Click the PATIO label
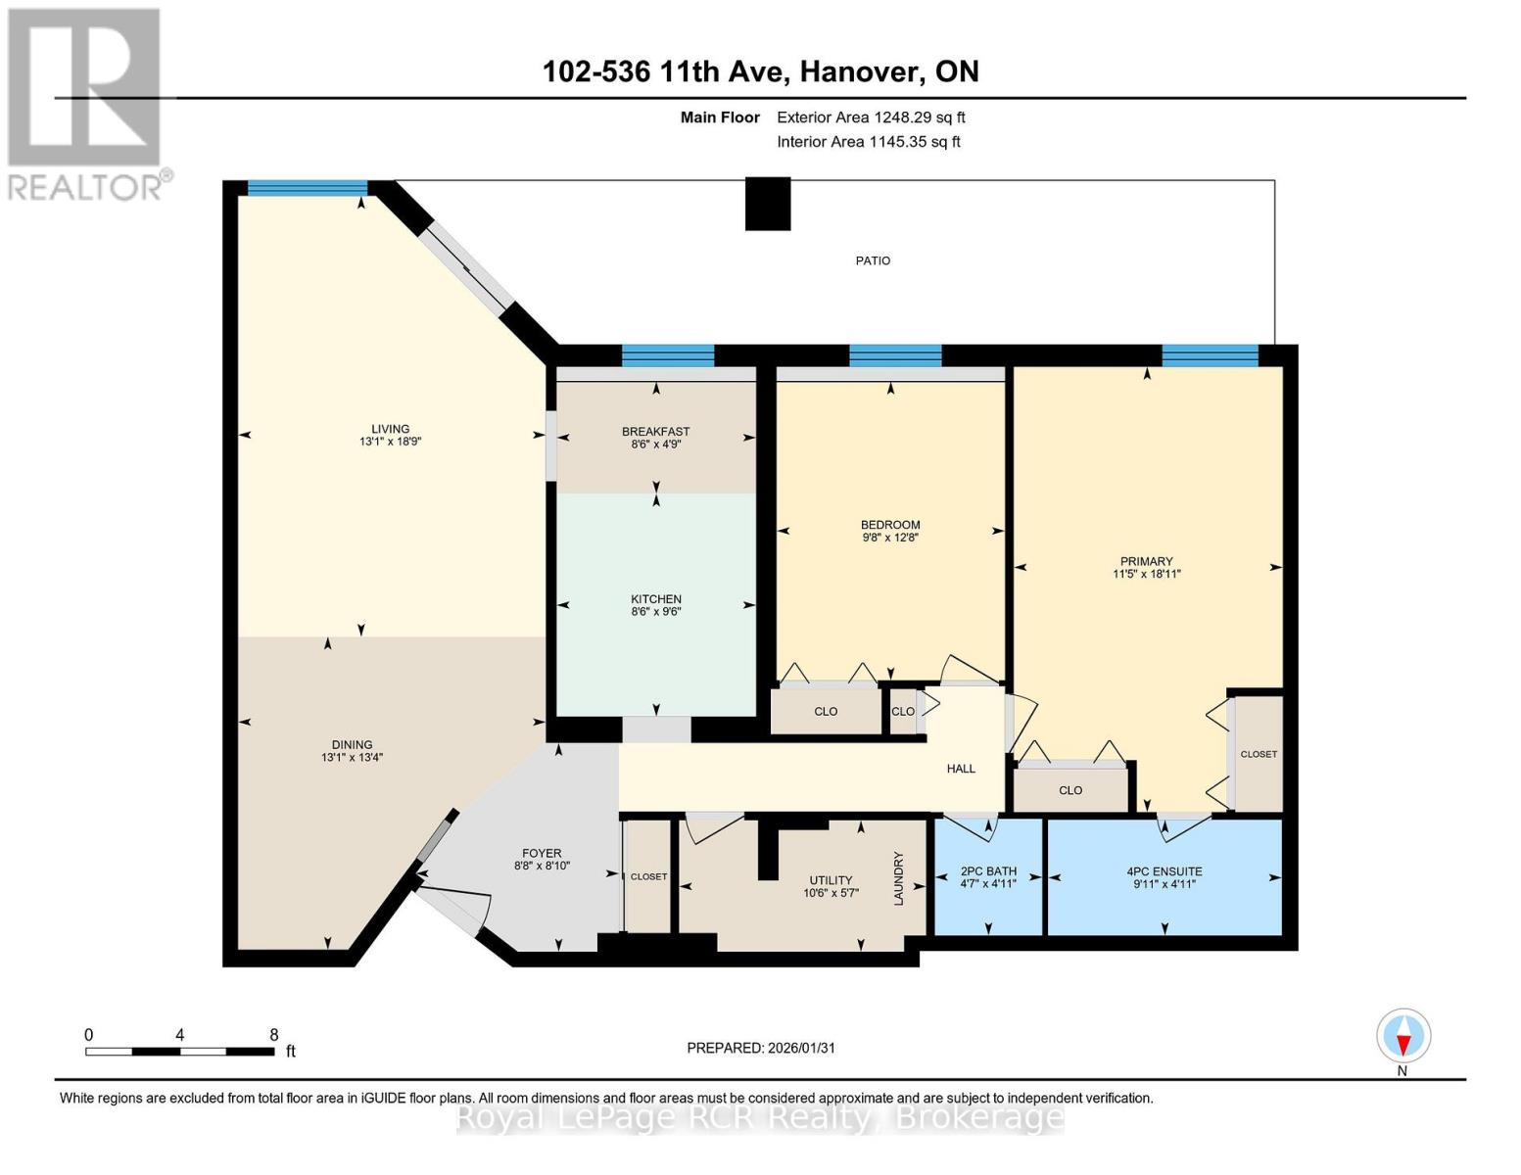[873, 260]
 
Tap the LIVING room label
[390, 428]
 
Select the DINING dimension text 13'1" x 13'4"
[352, 757]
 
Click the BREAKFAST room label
[656, 431]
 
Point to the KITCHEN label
[656, 599]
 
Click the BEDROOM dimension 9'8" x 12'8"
[890, 538]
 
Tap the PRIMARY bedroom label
[1147, 560]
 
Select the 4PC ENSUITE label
[1165, 871]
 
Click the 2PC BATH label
[988, 871]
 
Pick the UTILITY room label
[831, 879]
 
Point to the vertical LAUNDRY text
[899, 878]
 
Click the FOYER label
[542, 853]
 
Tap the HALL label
[961, 769]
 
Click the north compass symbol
[1403, 1036]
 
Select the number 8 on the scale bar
[273, 1034]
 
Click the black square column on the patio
[768, 204]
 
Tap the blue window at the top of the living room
[308, 188]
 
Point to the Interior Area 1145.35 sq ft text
[869, 141]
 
